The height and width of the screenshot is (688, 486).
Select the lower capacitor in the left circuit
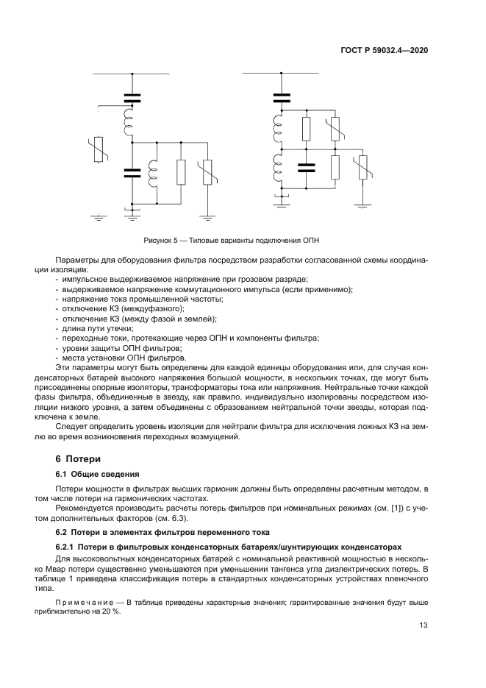point(133,173)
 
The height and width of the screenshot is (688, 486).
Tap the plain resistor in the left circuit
point(181,172)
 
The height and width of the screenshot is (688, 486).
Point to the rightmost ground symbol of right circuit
point(361,204)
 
